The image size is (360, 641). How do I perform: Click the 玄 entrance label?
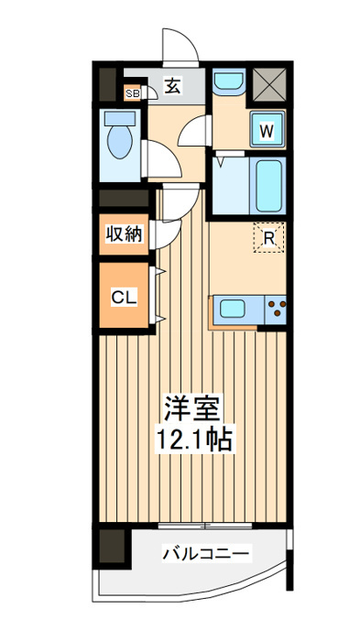pos(173,86)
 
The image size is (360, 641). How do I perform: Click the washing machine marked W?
pos(267,130)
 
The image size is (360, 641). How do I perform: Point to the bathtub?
pos(268,186)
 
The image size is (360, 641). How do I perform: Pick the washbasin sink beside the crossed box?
pos(229,81)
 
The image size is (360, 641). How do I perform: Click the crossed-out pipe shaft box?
pos(268,84)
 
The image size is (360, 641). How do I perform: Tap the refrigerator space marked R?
pos(268,237)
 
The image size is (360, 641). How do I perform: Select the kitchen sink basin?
pos(232,308)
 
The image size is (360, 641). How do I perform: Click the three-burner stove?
pos(276,309)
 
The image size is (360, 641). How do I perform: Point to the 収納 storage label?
pos(125,234)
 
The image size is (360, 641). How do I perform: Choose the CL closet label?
pos(125,298)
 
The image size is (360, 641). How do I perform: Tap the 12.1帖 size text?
pos(193,439)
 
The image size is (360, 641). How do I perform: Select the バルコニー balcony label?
pos(206,554)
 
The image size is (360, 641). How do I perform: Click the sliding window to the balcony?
pos(204,526)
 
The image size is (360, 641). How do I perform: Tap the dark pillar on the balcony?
pos(112,546)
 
